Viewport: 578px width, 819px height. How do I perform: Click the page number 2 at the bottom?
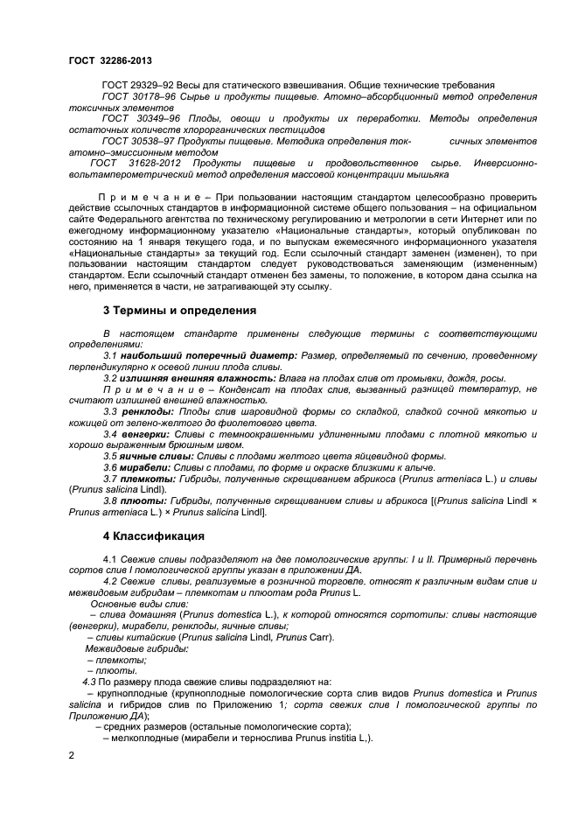coord(72,754)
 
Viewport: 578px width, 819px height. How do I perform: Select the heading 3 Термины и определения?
coord(180,311)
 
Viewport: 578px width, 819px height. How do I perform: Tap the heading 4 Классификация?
coord(155,535)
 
